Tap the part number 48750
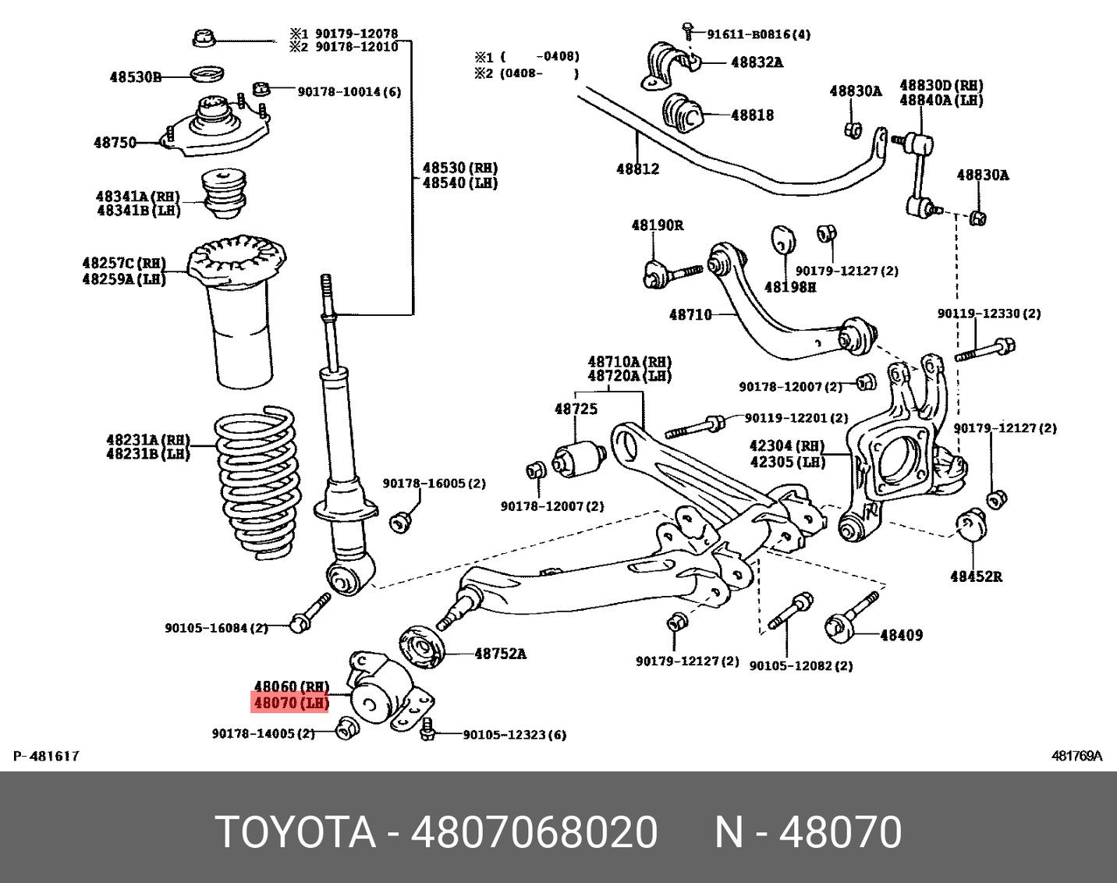click(115, 143)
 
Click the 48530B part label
click(135, 76)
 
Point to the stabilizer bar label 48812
click(637, 168)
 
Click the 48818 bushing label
click(752, 115)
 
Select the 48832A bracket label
click(757, 62)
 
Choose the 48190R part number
click(657, 225)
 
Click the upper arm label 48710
click(690, 314)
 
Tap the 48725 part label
click(576, 409)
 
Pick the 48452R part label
click(976, 576)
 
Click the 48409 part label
click(901, 635)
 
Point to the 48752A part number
click(500, 654)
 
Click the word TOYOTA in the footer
click(296, 832)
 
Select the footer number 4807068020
click(534, 832)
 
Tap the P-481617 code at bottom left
click(47, 756)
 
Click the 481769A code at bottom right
click(1076, 756)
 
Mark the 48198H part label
click(789, 287)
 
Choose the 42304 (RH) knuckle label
click(786, 445)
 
